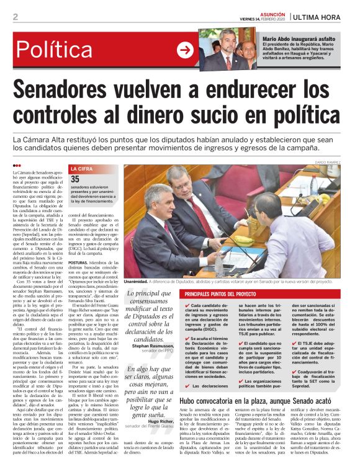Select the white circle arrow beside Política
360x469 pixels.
[x=184, y=50]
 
